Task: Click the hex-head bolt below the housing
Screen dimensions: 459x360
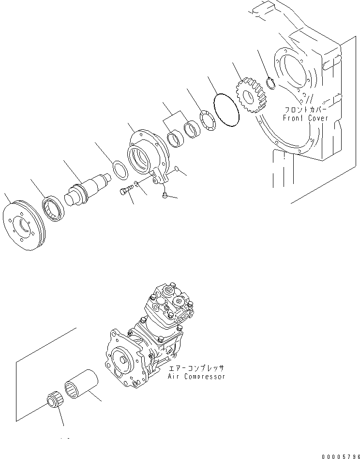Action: point(124,192)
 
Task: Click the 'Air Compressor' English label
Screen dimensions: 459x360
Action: point(196,377)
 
